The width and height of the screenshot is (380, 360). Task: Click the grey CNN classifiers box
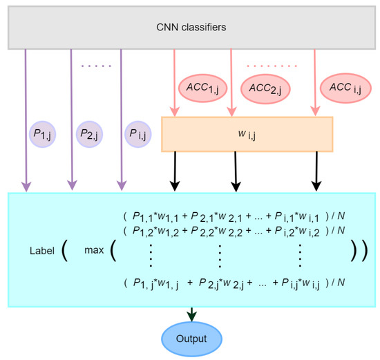190,27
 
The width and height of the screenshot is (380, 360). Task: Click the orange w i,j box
247,134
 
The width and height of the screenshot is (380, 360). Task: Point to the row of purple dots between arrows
95,66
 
